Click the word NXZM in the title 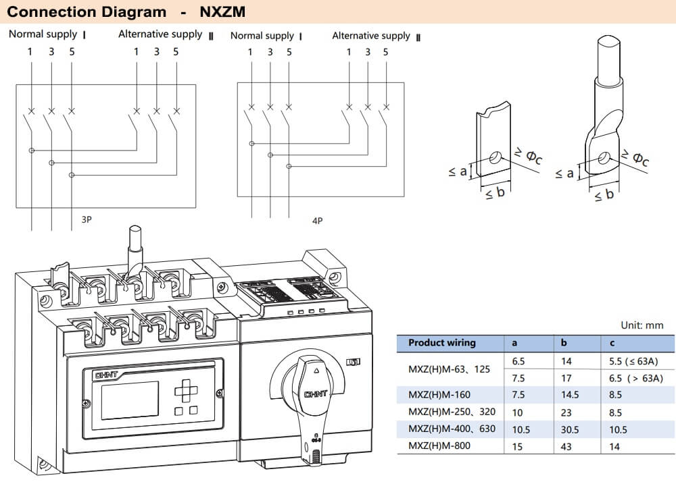[x=222, y=11]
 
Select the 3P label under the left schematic [x=87, y=219]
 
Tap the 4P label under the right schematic [x=317, y=220]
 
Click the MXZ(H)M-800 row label [x=439, y=446]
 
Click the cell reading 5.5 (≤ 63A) [x=635, y=362]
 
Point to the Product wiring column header [x=441, y=343]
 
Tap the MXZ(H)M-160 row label [x=439, y=395]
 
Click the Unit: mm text [x=642, y=325]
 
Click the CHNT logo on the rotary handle [x=316, y=394]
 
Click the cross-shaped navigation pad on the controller [x=185, y=389]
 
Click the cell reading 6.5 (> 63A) [x=635, y=378]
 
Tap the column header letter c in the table [x=611, y=343]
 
